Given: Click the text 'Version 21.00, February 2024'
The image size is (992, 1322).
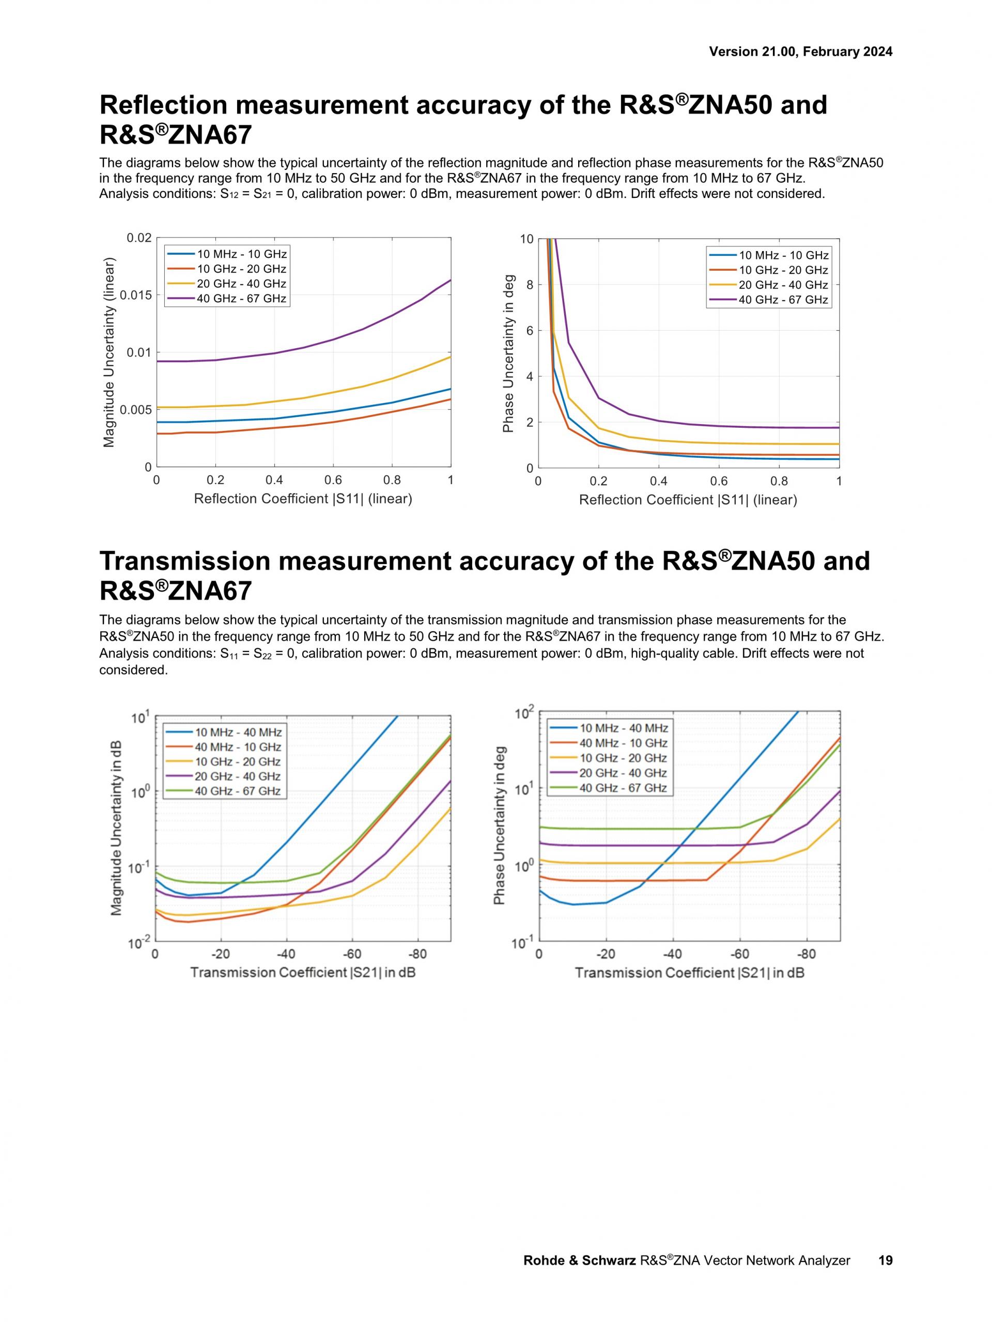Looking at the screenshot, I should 800,52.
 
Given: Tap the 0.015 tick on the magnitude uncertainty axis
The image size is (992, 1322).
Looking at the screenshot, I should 136,295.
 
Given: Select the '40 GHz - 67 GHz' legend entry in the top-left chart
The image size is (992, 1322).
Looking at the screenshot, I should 241,299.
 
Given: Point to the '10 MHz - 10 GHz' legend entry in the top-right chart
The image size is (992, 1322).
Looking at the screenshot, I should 783,256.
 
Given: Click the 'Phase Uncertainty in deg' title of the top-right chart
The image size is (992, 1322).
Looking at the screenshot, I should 508,353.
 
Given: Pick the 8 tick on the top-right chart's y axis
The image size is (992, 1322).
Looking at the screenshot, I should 530,285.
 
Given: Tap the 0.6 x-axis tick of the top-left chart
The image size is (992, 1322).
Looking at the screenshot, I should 333,480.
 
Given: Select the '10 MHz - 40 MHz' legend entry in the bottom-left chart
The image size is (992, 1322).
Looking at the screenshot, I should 238,732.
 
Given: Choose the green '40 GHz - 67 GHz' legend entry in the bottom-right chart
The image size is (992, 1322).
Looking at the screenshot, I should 623,788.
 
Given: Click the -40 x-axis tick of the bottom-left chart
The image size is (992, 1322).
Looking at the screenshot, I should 286,953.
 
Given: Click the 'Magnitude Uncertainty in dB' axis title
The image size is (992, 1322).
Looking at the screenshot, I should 117,828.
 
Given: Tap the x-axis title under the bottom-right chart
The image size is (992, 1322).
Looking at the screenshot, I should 690,973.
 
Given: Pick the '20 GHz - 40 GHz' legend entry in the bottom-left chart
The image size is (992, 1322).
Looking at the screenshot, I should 237,776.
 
